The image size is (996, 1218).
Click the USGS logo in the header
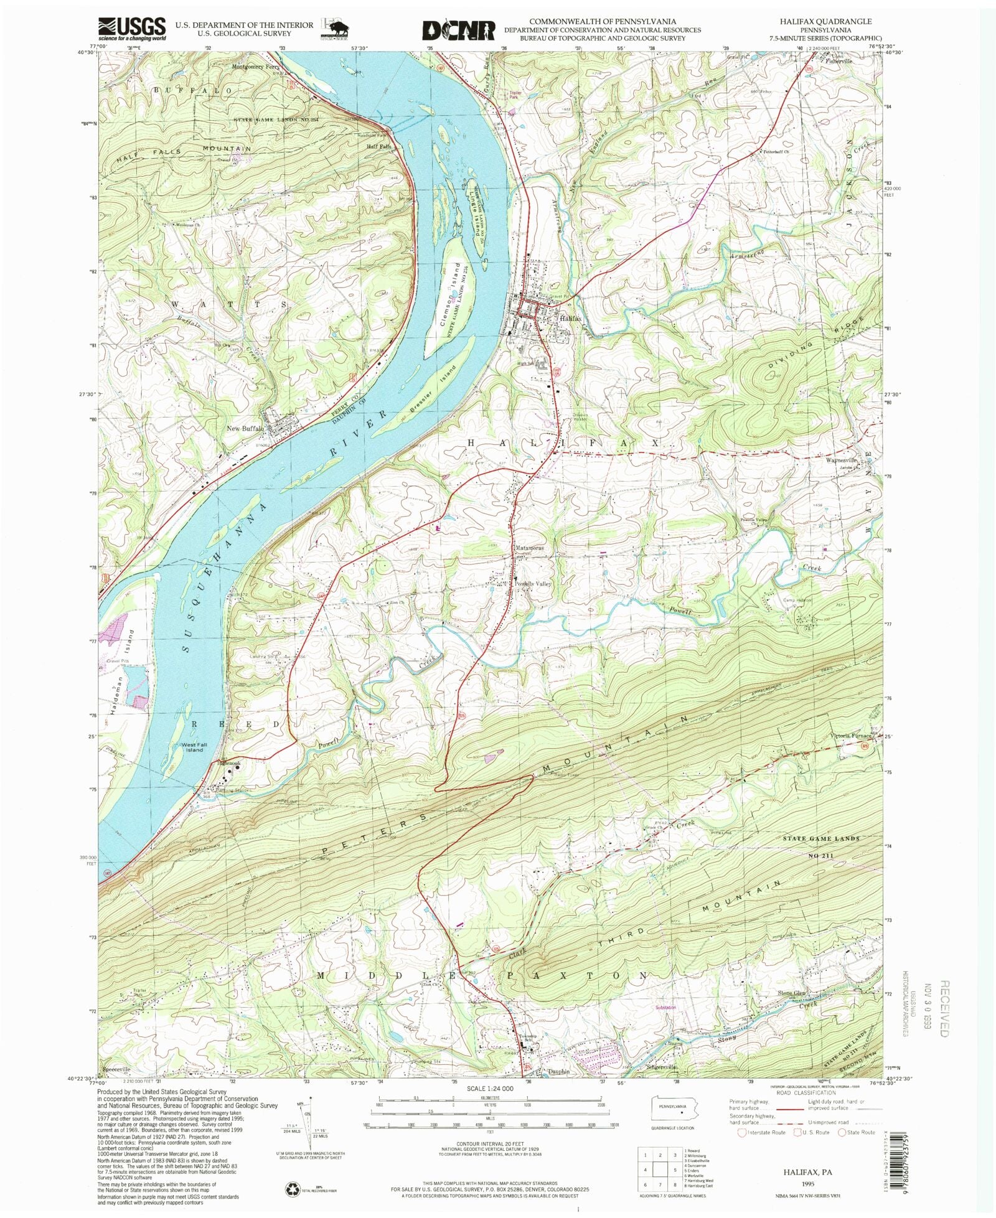click(132, 29)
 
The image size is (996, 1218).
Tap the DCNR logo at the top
click(459, 30)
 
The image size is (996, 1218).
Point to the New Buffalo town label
click(245, 429)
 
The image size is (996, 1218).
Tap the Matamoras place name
click(529, 548)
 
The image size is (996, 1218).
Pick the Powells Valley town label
click(533, 584)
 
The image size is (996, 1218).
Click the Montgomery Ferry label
click(255, 67)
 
